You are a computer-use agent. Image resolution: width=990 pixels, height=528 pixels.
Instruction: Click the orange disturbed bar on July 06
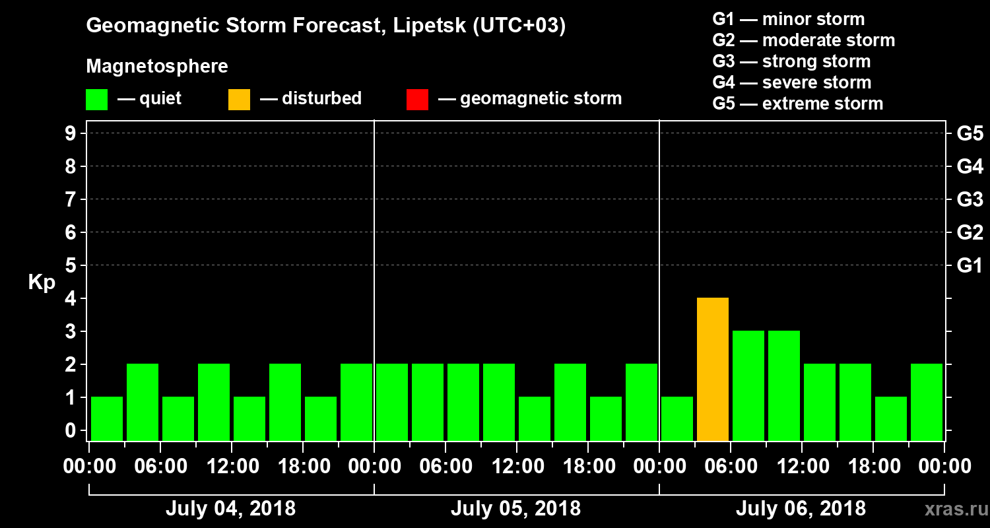point(713,369)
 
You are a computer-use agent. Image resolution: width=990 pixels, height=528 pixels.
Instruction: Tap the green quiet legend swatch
point(96,99)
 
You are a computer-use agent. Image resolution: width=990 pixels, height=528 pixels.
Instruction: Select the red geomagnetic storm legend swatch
point(417,99)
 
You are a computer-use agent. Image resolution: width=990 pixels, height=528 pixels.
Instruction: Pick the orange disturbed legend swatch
point(239,99)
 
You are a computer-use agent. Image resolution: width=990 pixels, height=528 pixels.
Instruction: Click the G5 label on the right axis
point(970,133)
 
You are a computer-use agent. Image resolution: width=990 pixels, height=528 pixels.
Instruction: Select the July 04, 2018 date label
point(230,509)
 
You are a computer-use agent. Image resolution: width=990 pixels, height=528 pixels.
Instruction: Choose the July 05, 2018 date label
point(515,509)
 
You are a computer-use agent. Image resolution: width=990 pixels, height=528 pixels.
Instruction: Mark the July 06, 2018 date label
point(801,509)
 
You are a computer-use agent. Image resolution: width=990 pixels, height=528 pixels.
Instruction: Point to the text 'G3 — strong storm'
point(791,61)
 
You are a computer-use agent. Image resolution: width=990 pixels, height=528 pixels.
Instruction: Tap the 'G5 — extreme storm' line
point(797,104)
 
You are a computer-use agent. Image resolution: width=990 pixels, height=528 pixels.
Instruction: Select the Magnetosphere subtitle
point(157,67)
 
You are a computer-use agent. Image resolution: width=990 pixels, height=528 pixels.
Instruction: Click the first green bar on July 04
point(107,418)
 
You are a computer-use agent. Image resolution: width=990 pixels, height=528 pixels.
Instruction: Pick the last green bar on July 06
point(927,402)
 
